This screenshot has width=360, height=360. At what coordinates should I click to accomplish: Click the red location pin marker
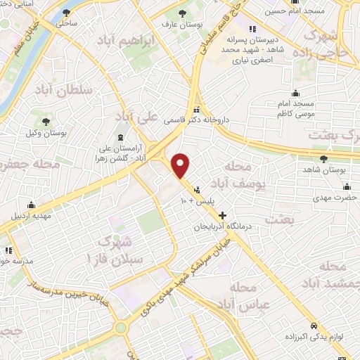click(181, 165)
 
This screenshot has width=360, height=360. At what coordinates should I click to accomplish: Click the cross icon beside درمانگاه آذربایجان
click(223, 215)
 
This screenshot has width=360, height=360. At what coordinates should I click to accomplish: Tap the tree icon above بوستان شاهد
click(323, 159)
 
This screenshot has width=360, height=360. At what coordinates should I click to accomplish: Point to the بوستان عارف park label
click(182, 25)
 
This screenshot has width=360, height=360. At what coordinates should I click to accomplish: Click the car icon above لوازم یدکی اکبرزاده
click(314, 325)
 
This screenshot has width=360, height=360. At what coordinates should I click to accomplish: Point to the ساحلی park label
click(67, 23)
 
